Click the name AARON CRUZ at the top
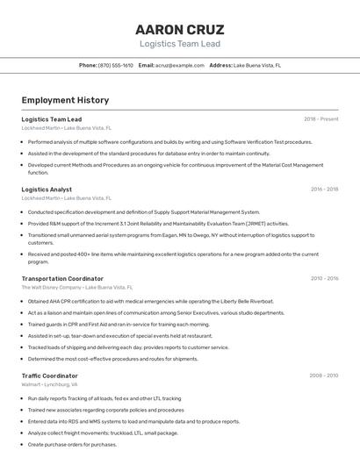tap(180, 29)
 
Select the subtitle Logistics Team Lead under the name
tap(180, 44)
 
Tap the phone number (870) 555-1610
tap(116, 65)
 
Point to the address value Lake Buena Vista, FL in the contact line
tap(256, 65)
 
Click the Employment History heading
tap(65, 100)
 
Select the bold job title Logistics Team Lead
tap(52, 119)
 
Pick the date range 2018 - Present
tap(321, 119)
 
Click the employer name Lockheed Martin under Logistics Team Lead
tap(40, 128)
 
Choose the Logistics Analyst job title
tap(47, 190)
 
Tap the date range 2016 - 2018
tap(324, 190)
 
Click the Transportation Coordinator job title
tap(62, 278)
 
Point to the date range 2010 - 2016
tap(324, 278)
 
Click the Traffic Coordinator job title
tap(49, 376)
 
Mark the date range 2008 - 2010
tap(323, 376)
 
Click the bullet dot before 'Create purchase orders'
tap(23, 444)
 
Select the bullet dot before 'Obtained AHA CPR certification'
tap(23, 301)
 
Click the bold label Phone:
tap(88, 65)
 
